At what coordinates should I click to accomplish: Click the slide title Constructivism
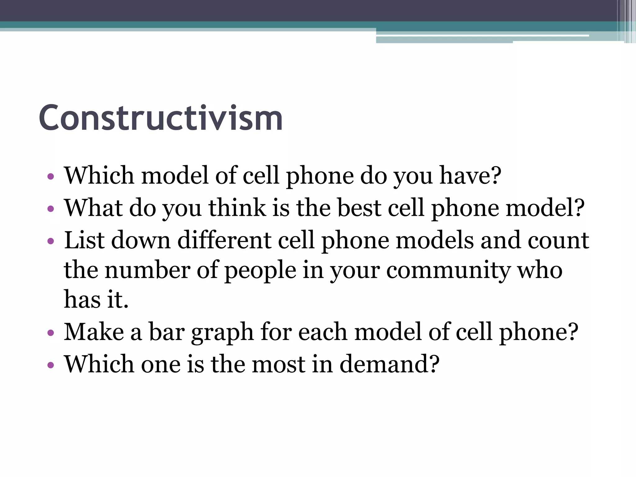161,118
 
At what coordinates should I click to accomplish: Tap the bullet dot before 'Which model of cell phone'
51,177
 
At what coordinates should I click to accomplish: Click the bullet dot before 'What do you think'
51,209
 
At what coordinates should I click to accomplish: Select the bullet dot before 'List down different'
51,241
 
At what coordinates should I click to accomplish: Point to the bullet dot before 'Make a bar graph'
51,333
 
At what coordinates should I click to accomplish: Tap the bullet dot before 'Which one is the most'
51,365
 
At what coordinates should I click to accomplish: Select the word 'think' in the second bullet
237,207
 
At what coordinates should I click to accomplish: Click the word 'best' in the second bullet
359,207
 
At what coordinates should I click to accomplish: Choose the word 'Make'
94,332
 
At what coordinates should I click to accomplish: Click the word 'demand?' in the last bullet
389,364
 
